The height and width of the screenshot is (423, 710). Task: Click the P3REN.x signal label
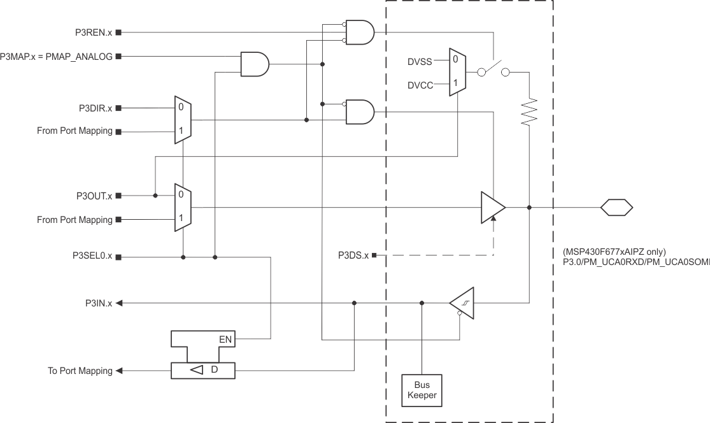click(93, 31)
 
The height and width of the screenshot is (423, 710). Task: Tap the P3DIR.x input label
click(93, 108)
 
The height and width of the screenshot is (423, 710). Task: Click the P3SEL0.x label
click(92, 257)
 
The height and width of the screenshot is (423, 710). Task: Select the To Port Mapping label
click(80, 370)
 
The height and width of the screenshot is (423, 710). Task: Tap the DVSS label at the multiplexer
click(420, 62)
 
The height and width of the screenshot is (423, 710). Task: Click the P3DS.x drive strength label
click(353, 255)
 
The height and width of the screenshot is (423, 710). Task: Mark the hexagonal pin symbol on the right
click(616, 207)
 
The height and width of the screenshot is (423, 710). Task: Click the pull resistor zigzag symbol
click(530, 112)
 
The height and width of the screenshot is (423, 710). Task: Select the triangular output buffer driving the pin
click(493, 207)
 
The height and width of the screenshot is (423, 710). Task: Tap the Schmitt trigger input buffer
click(462, 303)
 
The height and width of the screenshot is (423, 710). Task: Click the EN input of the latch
click(225, 340)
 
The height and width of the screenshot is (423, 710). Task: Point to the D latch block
click(203, 370)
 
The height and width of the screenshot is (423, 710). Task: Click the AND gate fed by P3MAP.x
click(255, 64)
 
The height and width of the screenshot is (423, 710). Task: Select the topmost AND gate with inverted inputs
click(359, 32)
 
